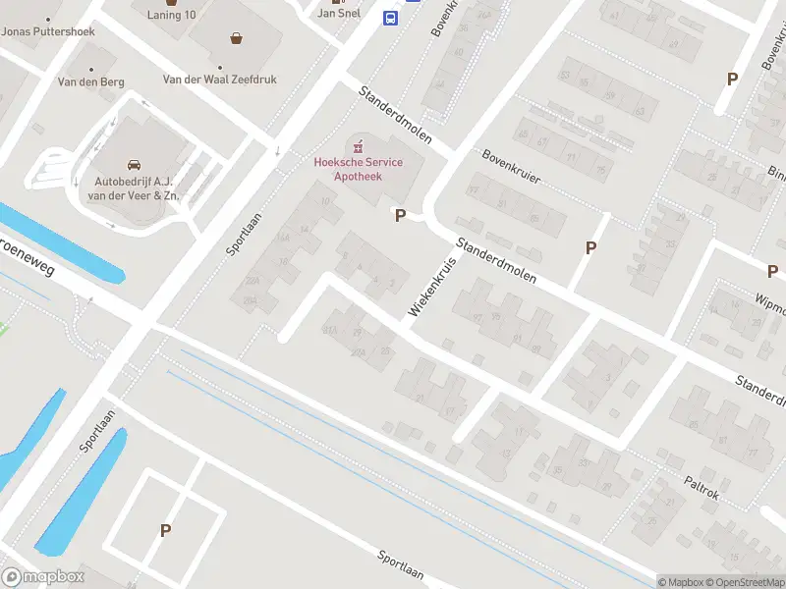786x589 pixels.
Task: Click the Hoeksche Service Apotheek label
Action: point(358,169)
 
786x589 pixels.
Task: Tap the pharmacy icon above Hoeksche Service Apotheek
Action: point(358,146)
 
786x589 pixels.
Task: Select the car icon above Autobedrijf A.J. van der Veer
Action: point(134,164)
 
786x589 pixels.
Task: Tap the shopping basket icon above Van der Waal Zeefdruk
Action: point(236,39)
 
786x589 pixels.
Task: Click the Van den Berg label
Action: point(91,82)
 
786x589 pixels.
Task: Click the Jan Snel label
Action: point(338,14)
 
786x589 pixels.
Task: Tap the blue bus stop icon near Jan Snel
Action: point(390,18)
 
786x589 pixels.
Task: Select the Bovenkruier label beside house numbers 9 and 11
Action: point(512,169)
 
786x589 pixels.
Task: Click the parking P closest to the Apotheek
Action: point(400,215)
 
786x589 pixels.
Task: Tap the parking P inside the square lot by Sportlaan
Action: point(165,530)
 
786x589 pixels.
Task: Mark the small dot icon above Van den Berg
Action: point(91,70)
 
